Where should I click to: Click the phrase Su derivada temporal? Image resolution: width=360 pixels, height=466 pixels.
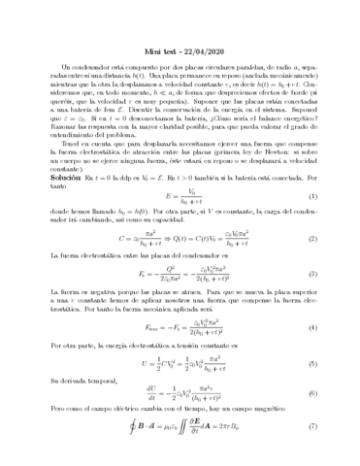82,380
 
